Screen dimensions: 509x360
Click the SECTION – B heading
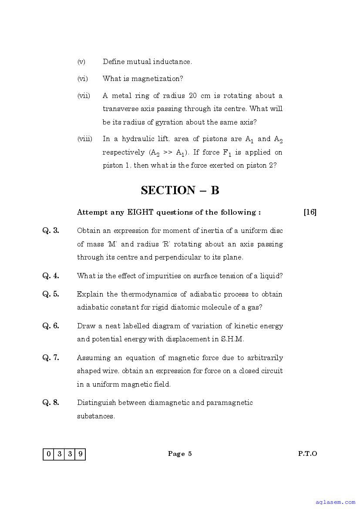click(x=180, y=190)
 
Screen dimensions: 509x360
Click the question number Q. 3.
click(x=50, y=230)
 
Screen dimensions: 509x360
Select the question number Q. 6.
click(x=50, y=326)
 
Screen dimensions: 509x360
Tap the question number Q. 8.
click(x=50, y=402)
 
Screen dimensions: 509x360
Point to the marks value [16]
click(x=310, y=212)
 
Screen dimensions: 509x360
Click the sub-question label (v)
click(x=81, y=62)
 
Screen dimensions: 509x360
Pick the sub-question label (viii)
click(x=85, y=139)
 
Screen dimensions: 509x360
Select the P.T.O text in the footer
click(x=307, y=454)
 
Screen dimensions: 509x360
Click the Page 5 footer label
click(x=180, y=454)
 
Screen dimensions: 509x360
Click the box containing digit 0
click(x=48, y=454)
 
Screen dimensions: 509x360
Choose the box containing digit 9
click(x=80, y=454)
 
